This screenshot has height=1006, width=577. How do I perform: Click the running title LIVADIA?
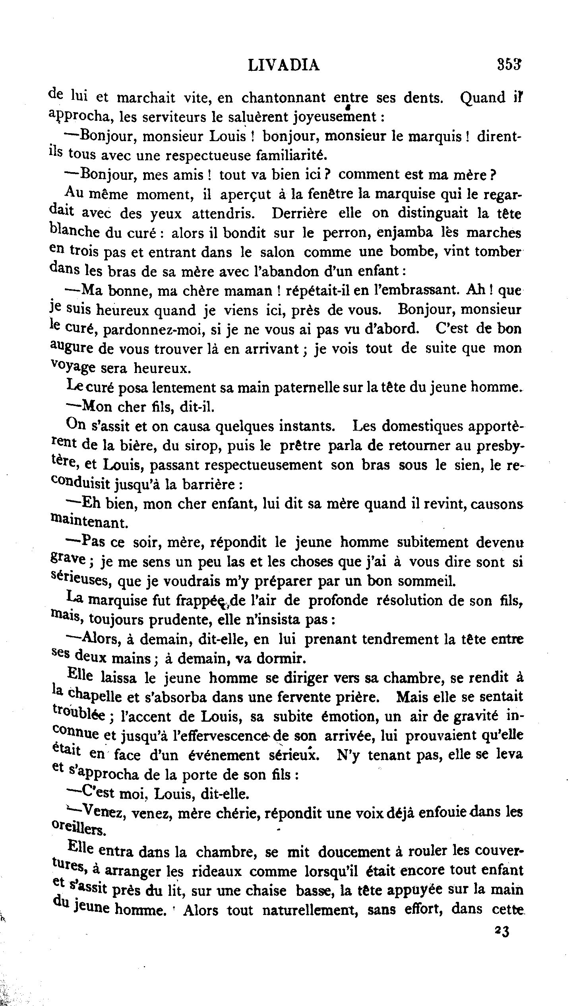click(x=283, y=65)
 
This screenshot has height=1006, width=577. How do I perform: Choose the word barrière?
click(x=206, y=485)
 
